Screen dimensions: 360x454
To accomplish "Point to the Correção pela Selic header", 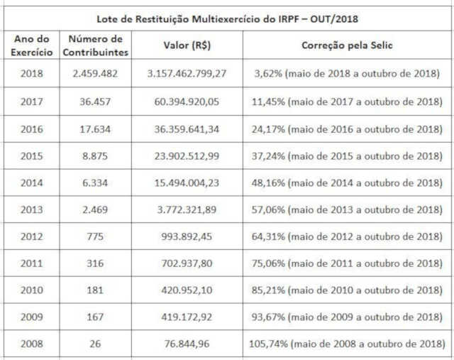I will pyautogui.click(x=348, y=45).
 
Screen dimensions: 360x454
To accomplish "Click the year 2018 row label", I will pyautogui.click(x=31, y=73).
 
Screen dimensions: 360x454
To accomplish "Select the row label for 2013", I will pyautogui.click(x=31, y=210).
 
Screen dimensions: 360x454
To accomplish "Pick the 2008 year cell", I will pyautogui.click(x=31, y=344).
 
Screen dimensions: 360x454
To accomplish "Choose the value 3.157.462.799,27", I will pyautogui.click(x=187, y=73).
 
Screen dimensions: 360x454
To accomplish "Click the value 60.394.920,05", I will pyautogui.click(x=187, y=101).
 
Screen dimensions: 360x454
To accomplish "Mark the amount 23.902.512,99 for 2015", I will pyautogui.click(x=187, y=156).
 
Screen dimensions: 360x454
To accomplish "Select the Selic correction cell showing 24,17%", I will pyautogui.click(x=348, y=129).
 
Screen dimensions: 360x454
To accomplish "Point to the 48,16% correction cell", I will pyautogui.click(x=348, y=183).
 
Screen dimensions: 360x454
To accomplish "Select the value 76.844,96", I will pyautogui.click(x=187, y=344).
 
